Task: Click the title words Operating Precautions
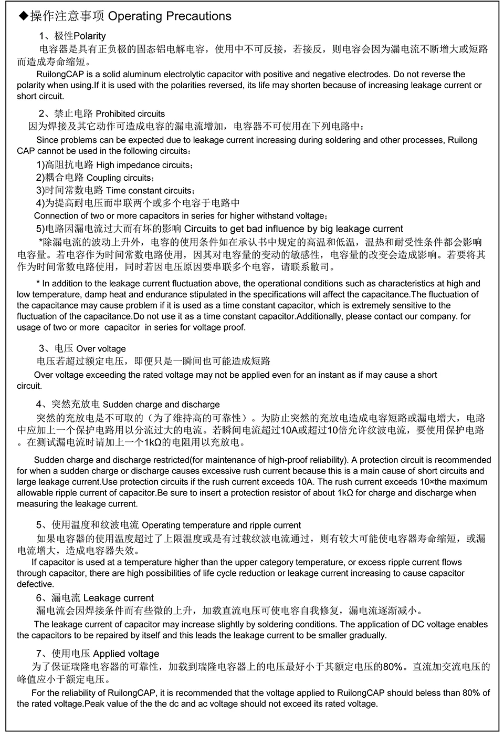170,16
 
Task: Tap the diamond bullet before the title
23,17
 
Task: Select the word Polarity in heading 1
90,36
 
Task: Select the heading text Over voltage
101,349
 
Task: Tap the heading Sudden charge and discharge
161,405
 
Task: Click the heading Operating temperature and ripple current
222,525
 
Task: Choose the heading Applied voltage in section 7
126,654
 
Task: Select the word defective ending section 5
35,584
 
